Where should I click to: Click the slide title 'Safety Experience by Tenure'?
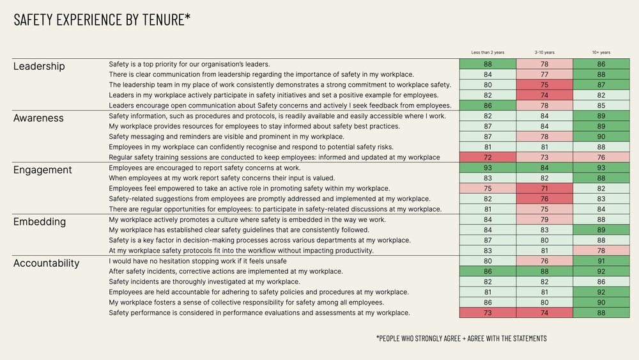[x=102, y=20]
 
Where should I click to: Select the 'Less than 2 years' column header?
[x=488, y=52]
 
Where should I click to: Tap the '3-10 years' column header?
[x=544, y=52]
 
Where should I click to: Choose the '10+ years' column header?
[x=601, y=52]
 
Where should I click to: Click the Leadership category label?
[x=39, y=66]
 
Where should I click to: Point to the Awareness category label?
[x=39, y=118]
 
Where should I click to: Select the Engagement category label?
[x=43, y=170]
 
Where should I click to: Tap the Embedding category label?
[x=40, y=222]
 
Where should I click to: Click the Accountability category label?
[x=46, y=263]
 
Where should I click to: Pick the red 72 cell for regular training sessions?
[x=488, y=157]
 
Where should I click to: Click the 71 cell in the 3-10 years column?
[x=544, y=189]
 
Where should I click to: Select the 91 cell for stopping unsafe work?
[x=601, y=261]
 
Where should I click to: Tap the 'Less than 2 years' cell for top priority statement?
[x=488, y=64]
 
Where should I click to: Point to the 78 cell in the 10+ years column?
[x=601, y=251]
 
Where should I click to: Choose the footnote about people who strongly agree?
[x=461, y=338]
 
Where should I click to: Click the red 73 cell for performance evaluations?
[x=488, y=313]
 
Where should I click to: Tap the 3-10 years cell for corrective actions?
[x=544, y=271]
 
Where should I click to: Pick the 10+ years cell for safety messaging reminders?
[x=601, y=137]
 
